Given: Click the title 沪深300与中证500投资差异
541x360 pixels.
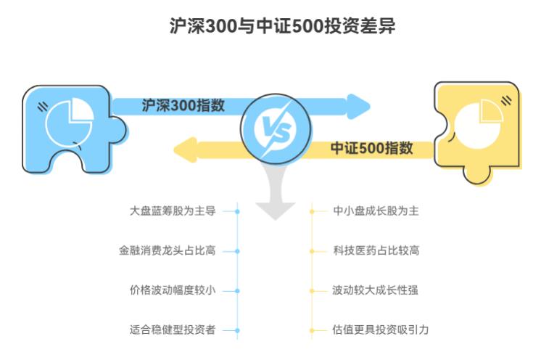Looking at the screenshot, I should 271,27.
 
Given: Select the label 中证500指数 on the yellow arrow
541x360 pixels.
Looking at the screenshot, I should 372,148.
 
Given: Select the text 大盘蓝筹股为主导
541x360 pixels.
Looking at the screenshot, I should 173,211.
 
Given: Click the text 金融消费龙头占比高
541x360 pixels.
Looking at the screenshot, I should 167,250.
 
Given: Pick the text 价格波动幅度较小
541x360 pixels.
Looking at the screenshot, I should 173,290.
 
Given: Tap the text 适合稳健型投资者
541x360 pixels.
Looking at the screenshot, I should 173,330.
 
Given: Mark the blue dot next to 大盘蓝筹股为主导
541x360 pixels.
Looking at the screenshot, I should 237,211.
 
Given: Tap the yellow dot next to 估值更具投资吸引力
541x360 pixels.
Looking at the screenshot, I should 312,330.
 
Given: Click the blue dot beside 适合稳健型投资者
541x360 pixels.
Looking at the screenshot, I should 237,330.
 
